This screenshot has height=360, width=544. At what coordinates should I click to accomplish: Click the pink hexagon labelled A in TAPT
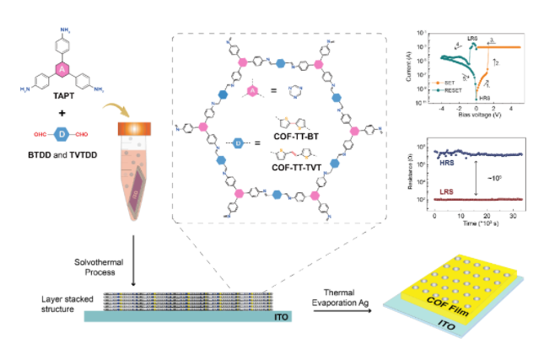click(60, 68)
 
